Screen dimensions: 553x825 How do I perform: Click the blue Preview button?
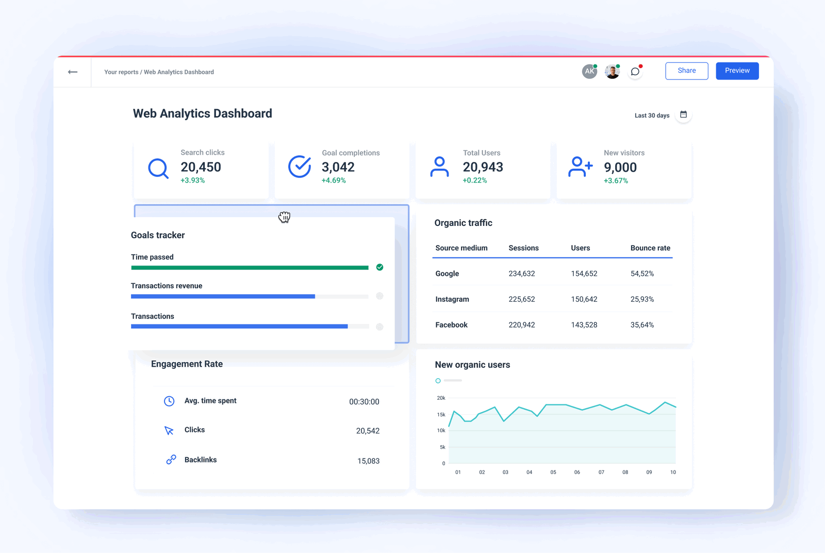[x=737, y=71]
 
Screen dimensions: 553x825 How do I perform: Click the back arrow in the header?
[x=73, y=72]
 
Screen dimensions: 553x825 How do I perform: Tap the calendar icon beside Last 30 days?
[x=683, y=115]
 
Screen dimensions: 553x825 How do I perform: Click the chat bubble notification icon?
[x=635, y=72]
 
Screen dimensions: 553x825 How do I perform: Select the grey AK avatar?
[x=589, y=72]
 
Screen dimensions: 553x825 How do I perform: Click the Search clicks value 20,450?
[x=201, y=167]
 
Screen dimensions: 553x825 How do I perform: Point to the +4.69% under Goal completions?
[x=334, y=181]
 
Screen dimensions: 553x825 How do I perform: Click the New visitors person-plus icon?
[x=580, y=167]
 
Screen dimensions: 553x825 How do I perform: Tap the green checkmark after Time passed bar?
[x=379, y=267]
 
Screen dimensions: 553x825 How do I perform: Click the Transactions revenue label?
[x=167, y=286]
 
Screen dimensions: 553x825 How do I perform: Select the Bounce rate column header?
[x=650, y=248]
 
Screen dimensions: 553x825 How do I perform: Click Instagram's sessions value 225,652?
[x=521, y=299]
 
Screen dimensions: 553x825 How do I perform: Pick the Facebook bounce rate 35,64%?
[x=642, y=325]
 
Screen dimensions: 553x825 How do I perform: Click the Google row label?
[x=447, y=274]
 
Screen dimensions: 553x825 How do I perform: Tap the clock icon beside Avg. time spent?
[x=169, y=401]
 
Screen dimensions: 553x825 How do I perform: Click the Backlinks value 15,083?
[x=368, y=461]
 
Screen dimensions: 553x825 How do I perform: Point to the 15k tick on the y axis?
[x=441, y=414]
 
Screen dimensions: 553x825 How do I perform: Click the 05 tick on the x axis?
[x=553, y=472]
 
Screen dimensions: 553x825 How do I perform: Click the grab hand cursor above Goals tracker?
[x=284, y=217]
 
